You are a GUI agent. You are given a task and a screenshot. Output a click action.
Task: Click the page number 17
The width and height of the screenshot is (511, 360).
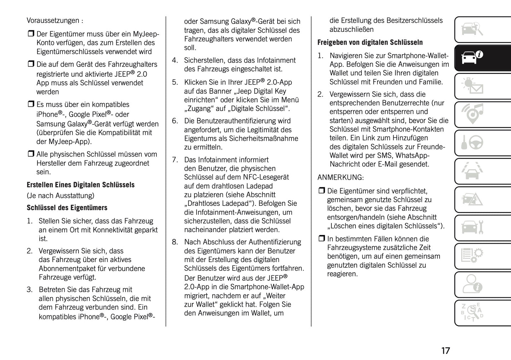(x=445, y=351)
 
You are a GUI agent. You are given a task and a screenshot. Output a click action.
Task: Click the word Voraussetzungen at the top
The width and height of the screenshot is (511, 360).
(x=53, y=21)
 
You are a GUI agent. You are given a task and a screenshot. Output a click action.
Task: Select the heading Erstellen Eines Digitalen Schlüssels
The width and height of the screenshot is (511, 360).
(x=81, y=185)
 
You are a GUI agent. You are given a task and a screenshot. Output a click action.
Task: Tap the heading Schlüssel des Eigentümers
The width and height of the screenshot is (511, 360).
(x=67, y=208)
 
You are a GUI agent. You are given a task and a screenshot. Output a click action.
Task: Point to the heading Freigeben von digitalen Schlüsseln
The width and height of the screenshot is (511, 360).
(x=370, y=42)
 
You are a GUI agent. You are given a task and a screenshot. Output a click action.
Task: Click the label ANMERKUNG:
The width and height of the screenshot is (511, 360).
(x=340, y=178)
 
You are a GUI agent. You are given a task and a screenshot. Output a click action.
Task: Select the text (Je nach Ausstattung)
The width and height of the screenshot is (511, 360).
(x=60, y=196)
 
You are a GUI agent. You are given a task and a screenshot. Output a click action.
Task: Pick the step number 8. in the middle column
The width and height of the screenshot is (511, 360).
(x=175, y=242)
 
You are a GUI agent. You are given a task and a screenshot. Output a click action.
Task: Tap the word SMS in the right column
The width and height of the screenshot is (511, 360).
(x=386, y=156)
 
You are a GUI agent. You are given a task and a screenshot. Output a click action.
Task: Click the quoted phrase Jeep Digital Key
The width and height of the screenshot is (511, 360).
(x=261, y=91)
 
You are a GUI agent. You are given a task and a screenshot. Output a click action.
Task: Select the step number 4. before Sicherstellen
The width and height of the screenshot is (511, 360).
(x=175, y=60)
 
